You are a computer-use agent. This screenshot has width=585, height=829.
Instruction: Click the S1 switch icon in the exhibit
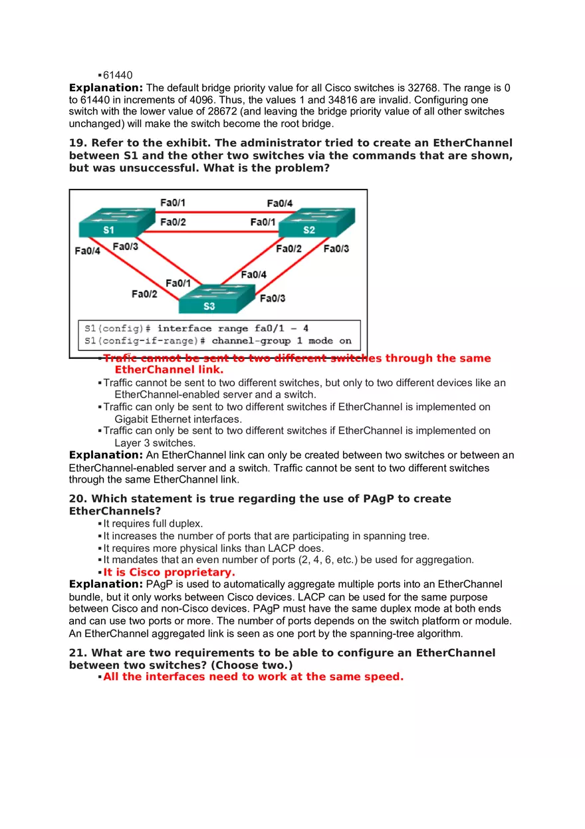(x=108, y=224)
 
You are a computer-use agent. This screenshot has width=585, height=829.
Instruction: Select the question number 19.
(x=78, y=144)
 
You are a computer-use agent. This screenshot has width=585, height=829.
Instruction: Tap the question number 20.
(x=78, y=499)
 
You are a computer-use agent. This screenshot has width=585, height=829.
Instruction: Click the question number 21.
(x=78, y=653)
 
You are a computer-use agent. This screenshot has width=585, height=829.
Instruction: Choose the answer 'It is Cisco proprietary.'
(x=169, y=572)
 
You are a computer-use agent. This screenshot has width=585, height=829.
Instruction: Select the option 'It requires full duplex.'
(x=153, y=524)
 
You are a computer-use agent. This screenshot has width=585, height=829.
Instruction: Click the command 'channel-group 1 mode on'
(x=281, y=340)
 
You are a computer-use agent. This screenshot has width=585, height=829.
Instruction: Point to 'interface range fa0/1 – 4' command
(x=233, y=328)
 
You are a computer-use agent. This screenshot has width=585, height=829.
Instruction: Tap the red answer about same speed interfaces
(x=253, y=677)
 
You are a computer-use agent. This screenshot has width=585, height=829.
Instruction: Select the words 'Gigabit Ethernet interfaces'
(x=178, y=419)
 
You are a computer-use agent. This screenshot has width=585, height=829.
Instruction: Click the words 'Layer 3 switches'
(x=155, y=443)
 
